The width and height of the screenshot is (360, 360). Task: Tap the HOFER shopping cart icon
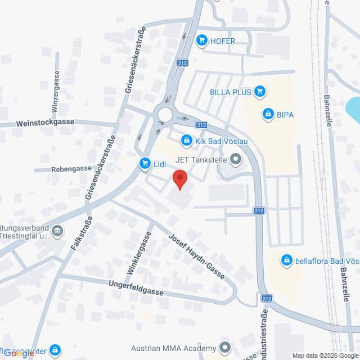coord(201,40)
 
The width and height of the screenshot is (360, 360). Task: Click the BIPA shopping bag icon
coord(268,115)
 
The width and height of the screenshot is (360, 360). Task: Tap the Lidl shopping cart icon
coord(145,164)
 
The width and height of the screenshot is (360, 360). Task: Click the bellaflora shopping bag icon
coord(287,260)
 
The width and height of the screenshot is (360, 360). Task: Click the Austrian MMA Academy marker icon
coord(225,347)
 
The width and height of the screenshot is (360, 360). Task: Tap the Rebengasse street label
coord(71,169)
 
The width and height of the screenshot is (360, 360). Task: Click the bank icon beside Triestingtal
coord(57,231)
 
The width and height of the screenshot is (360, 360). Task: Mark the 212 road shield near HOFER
coord(181,64)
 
